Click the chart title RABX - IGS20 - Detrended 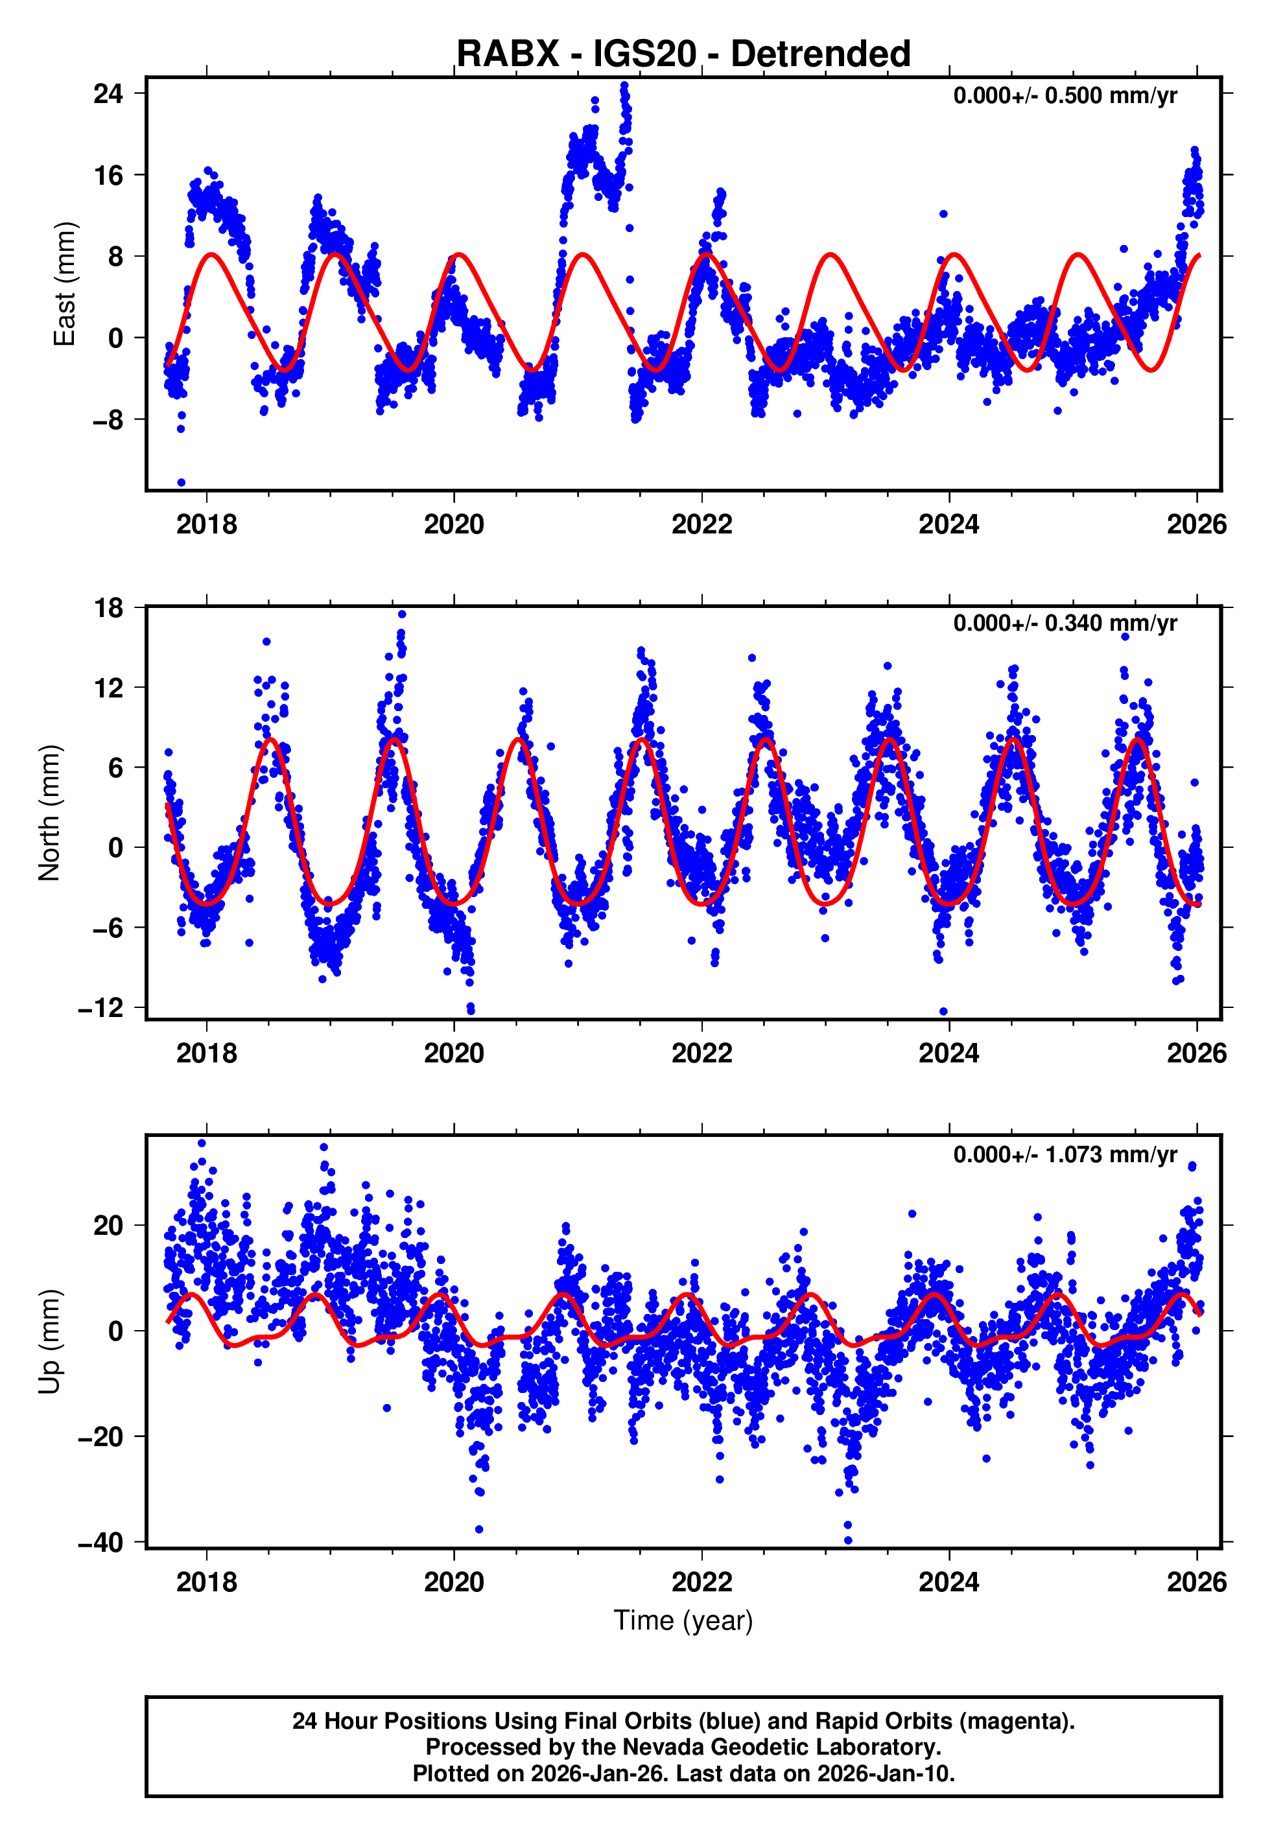pyautogui.click(x=683, y=53)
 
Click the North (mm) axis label pyautogui.click(x=49, y=813)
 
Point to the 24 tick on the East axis pyautogui.click(x=108, y=93)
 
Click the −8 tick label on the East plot pyautogui.click(x=108, y=420)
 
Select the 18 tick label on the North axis pyautogui.click(x=108, y=608)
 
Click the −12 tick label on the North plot pyautogui.click(x=100, y=1008)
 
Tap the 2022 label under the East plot pyautogui.click(x=701, y=524)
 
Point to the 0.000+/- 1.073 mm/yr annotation pyautogui.click(x=1065, y=1154)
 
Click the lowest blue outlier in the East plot pyautogui.click(x=181, y=482)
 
